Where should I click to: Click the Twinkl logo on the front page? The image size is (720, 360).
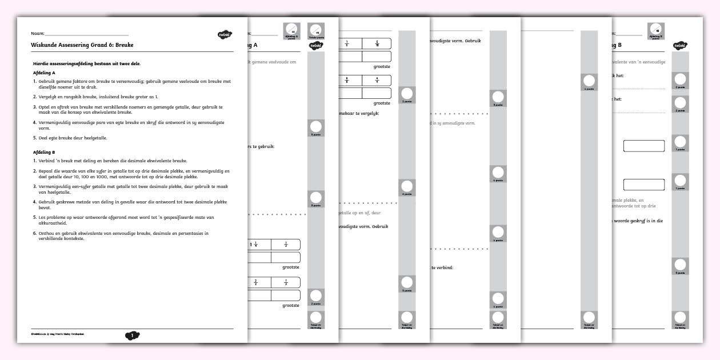(223, 35)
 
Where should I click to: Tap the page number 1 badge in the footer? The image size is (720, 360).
(132, 336)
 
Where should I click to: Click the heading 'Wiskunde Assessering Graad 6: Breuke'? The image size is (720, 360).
(83, 45)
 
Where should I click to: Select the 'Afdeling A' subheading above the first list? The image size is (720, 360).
(44, 73)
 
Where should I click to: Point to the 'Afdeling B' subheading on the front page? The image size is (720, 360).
(44, 153)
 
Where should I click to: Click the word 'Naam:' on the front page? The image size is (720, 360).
(38, 34)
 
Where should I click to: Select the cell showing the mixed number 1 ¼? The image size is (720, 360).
(254, 245)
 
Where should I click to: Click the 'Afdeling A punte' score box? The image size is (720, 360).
(291, 31)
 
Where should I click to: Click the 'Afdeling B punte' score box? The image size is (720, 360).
(655, 31)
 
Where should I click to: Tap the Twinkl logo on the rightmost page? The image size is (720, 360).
(679, 45)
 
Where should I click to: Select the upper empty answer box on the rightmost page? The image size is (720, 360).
(644, 146)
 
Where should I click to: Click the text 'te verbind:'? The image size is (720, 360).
(442, 267)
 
